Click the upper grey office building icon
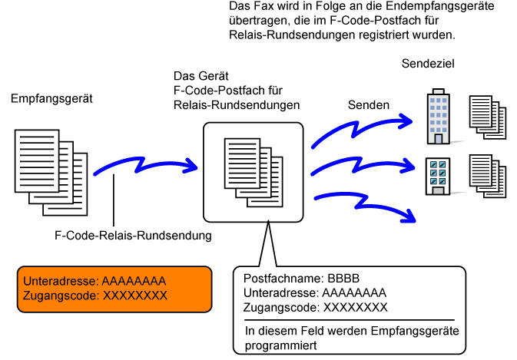(438, 117)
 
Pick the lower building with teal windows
(437, 175)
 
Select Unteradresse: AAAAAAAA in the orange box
(94, 281)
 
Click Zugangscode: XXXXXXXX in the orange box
(94, 295)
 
